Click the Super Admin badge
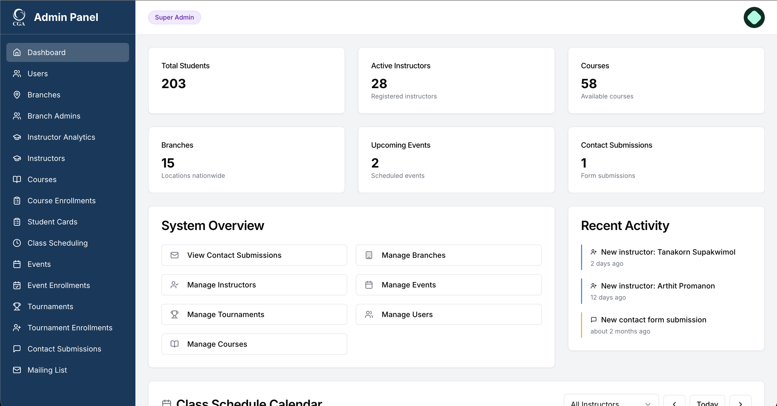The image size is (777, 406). [174, 17]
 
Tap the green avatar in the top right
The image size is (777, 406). [753, 17]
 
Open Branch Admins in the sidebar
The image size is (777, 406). [54, 116]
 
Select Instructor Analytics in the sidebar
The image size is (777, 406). [61, 137]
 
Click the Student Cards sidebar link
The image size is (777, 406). [52, 222]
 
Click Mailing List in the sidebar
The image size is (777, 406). [47, 370]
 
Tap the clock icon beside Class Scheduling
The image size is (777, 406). [17, 243]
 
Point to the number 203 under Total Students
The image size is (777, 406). [173, 84]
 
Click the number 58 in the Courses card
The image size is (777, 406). [588, 84]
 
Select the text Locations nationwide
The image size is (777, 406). [193, 176]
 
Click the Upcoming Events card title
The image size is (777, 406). [400, 145]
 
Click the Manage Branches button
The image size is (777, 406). [448, 255]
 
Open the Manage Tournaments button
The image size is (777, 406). [254, 314]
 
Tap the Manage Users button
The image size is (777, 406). [448, 314]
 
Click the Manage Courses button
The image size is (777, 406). [254, 344]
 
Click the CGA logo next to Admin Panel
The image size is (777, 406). [19, 17]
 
